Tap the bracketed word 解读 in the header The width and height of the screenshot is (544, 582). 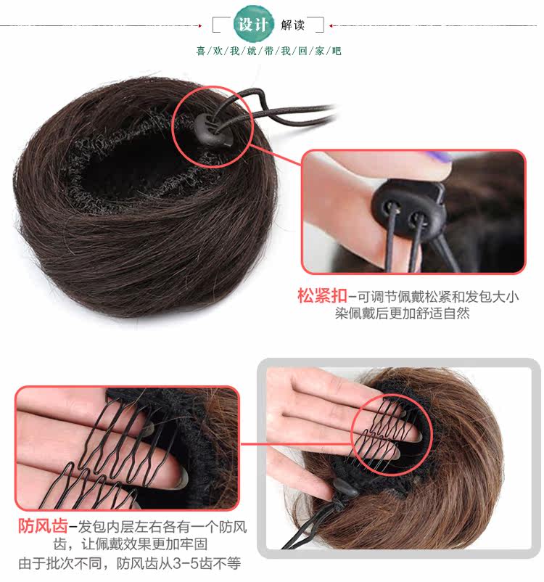tap(293, 25)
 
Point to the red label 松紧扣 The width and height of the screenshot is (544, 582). tap(321, 296)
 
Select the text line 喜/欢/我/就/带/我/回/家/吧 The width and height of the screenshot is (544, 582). tap(268, 51)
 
